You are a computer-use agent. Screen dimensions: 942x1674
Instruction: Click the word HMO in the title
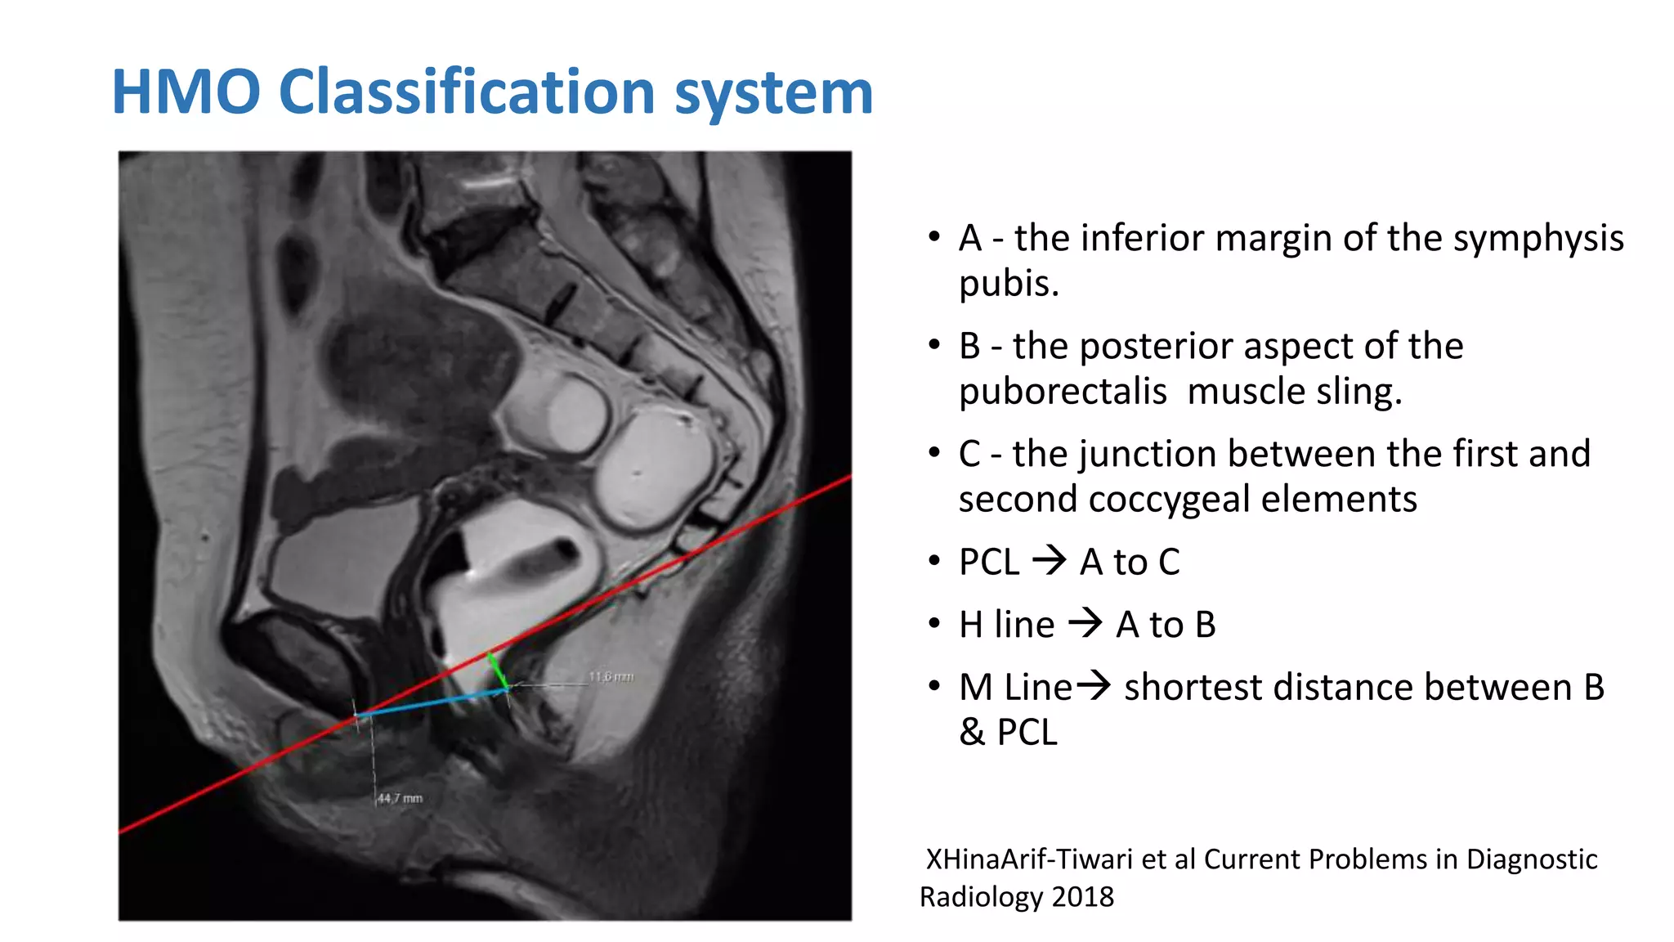coord(186,92)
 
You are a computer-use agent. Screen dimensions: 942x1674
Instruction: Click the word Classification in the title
coord(468,92)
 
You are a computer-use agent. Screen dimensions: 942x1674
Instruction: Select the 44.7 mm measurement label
coord(400,798)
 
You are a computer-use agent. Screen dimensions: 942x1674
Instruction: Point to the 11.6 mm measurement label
coord(611,677)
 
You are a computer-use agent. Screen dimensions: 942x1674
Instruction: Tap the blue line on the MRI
coord(432,703)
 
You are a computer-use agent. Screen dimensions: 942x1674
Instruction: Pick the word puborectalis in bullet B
coord(1063,392)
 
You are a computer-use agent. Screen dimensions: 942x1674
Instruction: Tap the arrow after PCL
coord(1050,561)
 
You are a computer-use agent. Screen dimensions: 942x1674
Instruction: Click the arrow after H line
coord(1085,624)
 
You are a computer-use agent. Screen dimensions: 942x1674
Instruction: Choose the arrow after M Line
coord(1094,685)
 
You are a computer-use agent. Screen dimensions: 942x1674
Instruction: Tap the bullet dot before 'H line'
coord(934,625)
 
